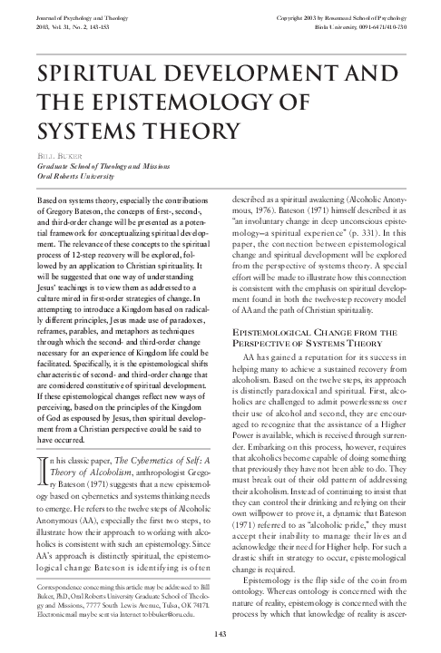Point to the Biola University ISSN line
point(358,27)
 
